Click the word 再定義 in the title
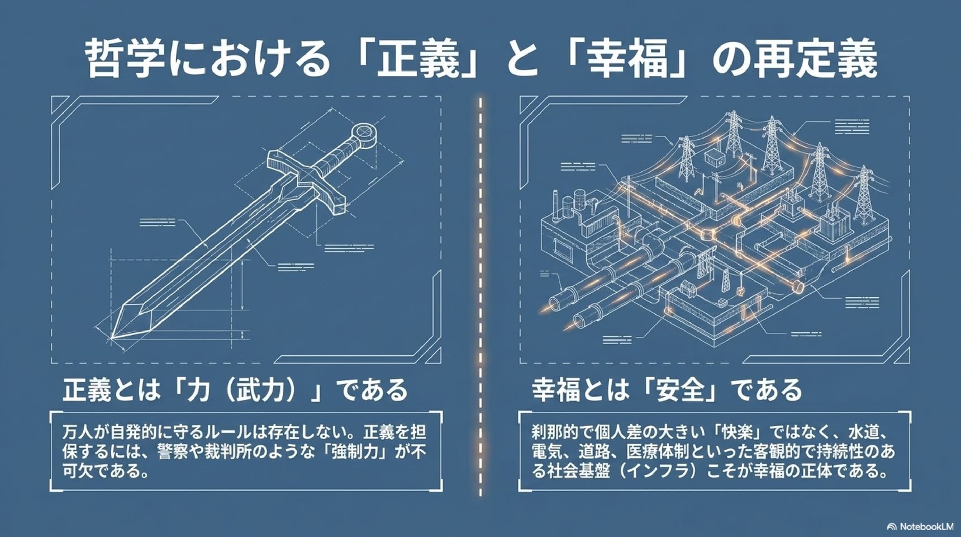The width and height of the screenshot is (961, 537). coord(815,58)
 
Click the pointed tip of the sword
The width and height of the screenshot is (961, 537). coord(112,338)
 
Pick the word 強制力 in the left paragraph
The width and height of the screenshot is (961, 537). coord(359,451)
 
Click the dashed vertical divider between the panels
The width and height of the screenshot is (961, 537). coord(480,296)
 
